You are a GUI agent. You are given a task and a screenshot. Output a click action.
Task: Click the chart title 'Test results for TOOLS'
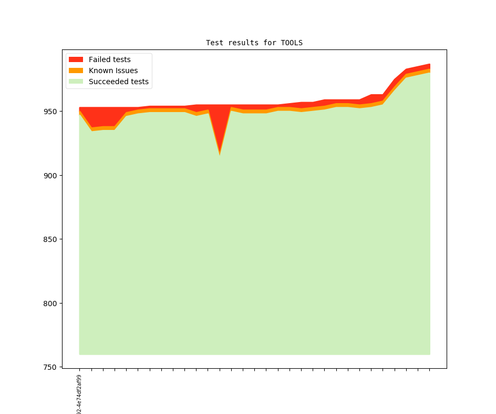[254, 43]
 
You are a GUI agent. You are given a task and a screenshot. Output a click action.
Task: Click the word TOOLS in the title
[292, 43]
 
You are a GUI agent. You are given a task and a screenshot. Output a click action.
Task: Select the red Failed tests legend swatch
[76, 59]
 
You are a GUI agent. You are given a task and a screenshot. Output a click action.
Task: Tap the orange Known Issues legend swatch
[76, 70]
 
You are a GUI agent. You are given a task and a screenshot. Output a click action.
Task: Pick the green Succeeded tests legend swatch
[76, 82]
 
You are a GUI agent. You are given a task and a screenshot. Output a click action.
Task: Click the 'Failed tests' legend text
[109, 59]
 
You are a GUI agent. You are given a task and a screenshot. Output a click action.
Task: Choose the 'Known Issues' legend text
[113, 70]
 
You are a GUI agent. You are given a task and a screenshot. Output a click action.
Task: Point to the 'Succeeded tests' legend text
[118, 82]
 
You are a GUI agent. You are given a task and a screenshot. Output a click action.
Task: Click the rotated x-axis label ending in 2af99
[79, 395]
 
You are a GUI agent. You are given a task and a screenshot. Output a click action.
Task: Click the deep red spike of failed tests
[220, 126]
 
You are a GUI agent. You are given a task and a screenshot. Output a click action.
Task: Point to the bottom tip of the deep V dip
[220, 154]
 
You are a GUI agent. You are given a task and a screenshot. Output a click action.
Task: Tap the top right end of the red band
[429, 65]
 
